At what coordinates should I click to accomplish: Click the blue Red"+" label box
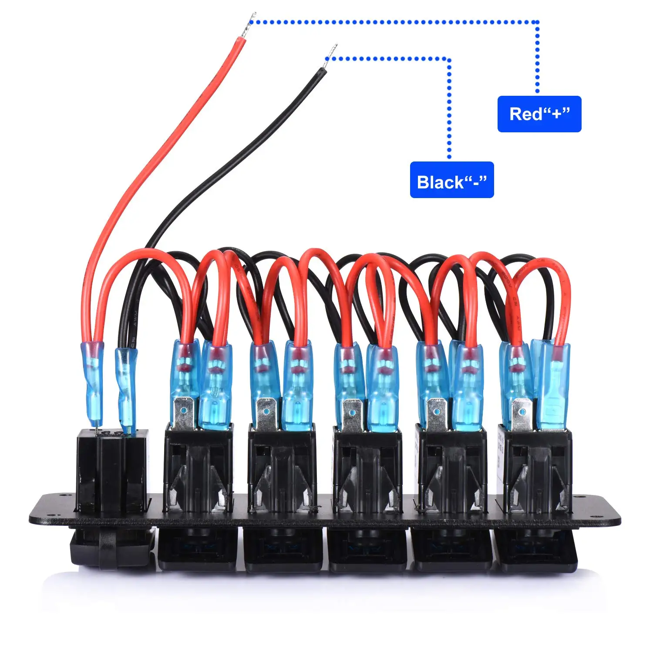539,114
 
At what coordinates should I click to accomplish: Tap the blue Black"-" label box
451,180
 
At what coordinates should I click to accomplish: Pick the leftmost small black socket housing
112,470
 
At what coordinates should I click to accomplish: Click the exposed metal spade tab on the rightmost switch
521,414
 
